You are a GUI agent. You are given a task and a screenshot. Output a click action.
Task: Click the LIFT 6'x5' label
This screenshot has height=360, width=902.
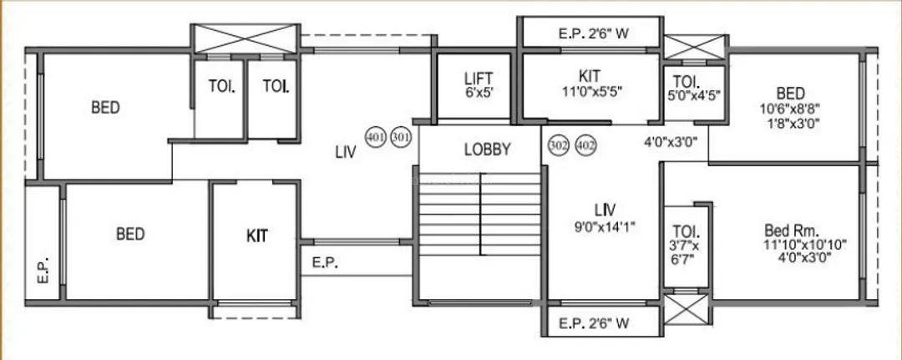479,86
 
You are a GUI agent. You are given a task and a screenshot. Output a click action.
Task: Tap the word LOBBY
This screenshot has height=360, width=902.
487,150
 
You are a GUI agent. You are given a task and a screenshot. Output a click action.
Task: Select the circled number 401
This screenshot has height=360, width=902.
376,137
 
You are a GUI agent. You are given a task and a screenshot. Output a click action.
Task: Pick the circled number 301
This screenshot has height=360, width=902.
402,137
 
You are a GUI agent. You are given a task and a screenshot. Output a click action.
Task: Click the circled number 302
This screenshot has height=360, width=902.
557,145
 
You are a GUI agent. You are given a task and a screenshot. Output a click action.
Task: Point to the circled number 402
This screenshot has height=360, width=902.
585,145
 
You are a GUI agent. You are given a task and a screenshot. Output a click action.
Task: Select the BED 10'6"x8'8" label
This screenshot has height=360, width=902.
789,108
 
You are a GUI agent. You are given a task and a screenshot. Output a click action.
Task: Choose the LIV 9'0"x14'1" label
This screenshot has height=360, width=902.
605,215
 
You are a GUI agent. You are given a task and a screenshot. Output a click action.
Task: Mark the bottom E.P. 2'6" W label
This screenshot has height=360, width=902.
592,322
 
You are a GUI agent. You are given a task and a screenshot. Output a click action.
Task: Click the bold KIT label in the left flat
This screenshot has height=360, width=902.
257,236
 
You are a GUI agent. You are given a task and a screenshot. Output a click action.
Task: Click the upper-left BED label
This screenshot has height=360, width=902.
105,108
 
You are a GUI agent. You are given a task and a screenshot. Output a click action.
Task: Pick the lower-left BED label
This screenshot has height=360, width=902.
131,234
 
